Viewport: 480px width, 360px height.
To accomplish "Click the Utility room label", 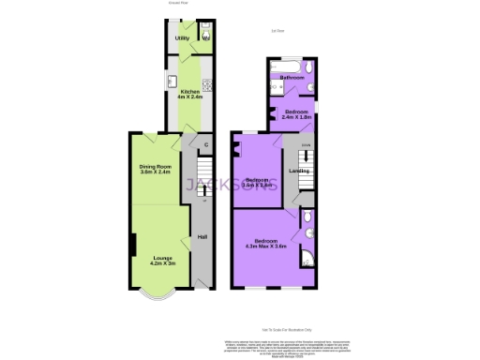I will (x=183, y=38).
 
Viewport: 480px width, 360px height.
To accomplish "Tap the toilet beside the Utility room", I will (x=205, y=39).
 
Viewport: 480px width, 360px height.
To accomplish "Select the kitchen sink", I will (x=173, y=79).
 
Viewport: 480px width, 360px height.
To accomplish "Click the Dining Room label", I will (x=157, y=169).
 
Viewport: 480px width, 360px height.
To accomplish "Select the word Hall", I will (x=202, y=235).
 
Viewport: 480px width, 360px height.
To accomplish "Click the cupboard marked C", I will (x=205, y=144).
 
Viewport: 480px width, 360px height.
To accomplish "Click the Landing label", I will (x=299, y=171).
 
